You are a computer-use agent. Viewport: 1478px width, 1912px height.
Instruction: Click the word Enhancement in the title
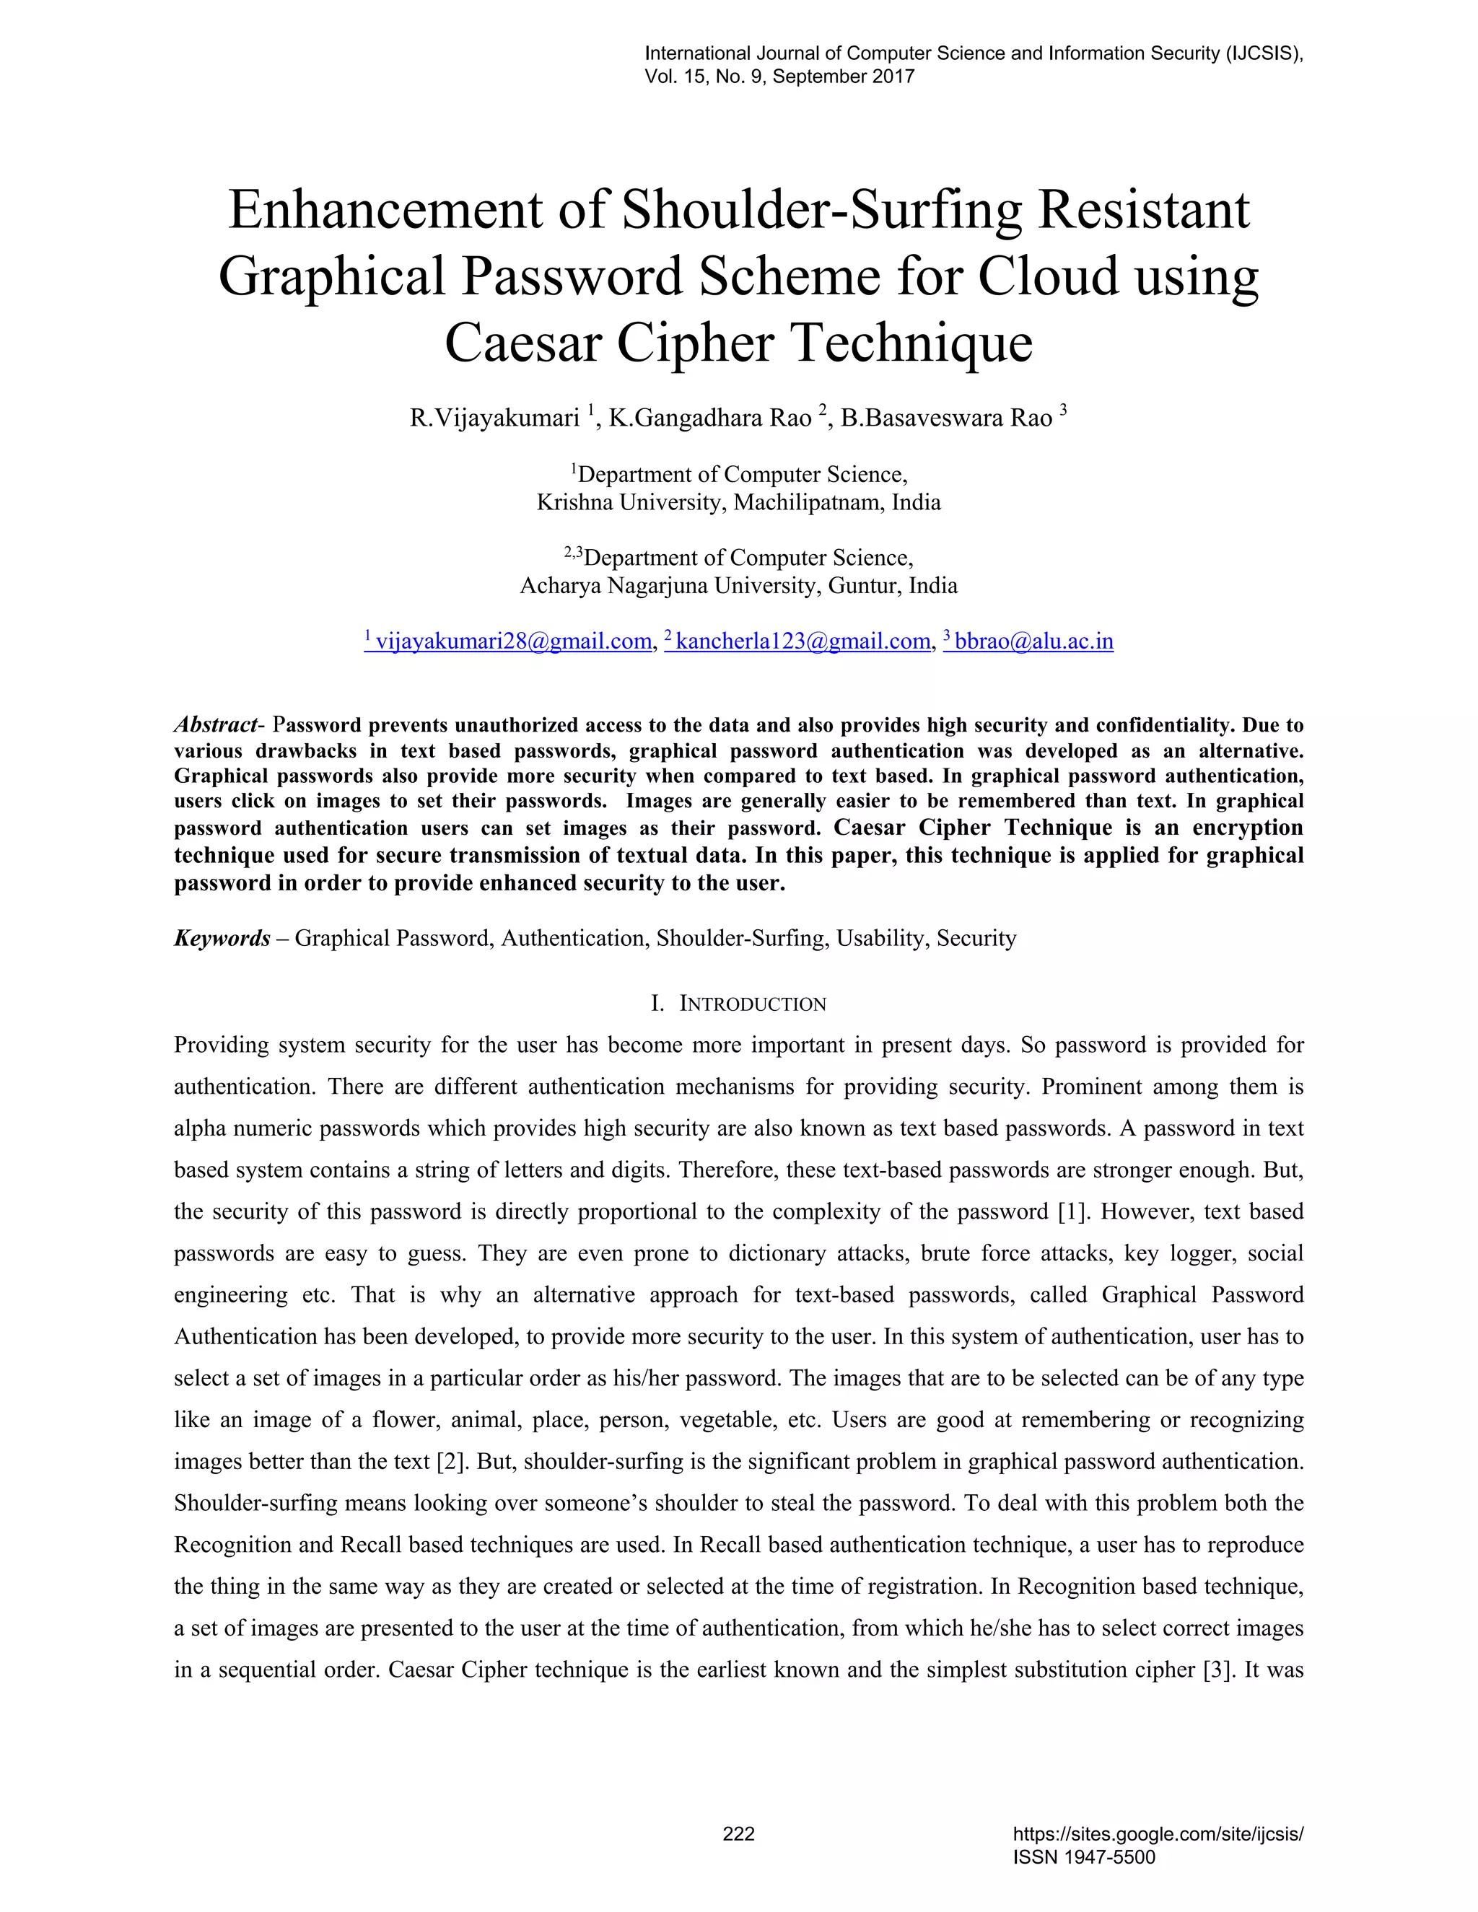coord(386,211)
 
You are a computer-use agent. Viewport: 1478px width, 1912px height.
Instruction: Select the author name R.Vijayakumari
coord(494,418)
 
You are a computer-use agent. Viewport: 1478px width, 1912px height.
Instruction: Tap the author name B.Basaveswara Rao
coord(945,418)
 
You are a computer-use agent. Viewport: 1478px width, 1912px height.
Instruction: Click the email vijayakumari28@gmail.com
coord(513,641)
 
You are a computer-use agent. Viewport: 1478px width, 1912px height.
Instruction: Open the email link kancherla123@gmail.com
coord(802,641)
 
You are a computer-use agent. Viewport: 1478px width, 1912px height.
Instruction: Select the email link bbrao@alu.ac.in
coord(1033,641)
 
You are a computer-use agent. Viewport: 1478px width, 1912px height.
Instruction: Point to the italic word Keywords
coord(222,939)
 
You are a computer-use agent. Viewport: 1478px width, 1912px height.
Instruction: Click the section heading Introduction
coord(751,1004)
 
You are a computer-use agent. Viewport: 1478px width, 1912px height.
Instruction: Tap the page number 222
coord(738,1834)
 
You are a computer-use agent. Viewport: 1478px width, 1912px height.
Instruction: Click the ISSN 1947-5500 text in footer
coord(1084,1858)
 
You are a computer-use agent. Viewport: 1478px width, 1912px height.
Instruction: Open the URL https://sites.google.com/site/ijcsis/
coord(1158,1834)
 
